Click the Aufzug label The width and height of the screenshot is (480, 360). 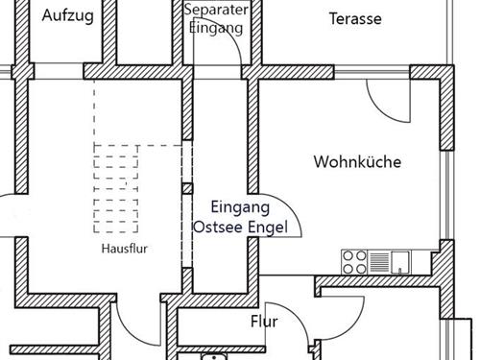click(67, 16)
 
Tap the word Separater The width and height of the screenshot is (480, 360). click(216, 10)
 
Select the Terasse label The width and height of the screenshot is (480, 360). click(355, 18)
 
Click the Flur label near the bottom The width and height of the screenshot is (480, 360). click(264, 322)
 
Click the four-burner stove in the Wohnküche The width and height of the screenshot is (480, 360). click(354, 260)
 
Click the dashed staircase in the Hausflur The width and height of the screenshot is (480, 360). click(134, 187)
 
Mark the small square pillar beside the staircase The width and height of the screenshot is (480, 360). click(186, 188)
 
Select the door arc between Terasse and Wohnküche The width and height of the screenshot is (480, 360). click(389, 101)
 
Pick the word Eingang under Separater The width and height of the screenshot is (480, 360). click(216, 28)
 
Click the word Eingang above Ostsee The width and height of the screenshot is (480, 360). click(239, 206)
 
